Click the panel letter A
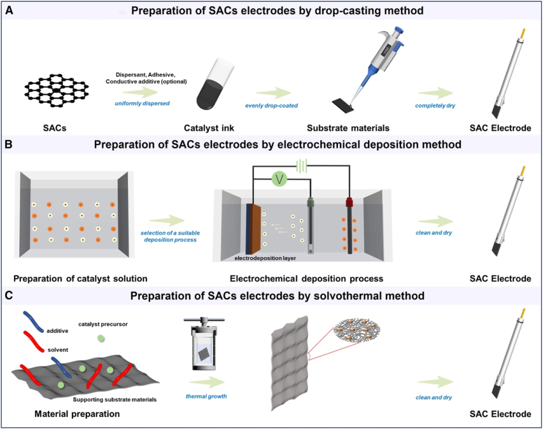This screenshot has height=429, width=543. click(9, 10)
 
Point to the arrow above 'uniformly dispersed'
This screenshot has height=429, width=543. click(140, 92)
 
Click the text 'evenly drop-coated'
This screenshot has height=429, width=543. click(271, 106)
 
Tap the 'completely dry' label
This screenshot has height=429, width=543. click(435, 106)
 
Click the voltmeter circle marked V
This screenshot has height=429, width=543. click(279, 179)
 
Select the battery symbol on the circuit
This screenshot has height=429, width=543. click(301, 166)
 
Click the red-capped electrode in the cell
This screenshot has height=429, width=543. click(349, 225)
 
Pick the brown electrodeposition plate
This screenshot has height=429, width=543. click(255, 229)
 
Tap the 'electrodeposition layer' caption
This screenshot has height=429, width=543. click(265, 258)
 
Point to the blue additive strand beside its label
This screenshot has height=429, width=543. click(33, 322)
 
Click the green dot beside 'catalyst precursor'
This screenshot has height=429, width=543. click(101, 338)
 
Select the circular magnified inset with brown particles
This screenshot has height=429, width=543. click(357, 328)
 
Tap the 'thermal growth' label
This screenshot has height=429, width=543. click(206, 396)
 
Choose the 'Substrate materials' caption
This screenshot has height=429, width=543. click(348, 128)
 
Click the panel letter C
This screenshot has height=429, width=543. click(9, 296)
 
